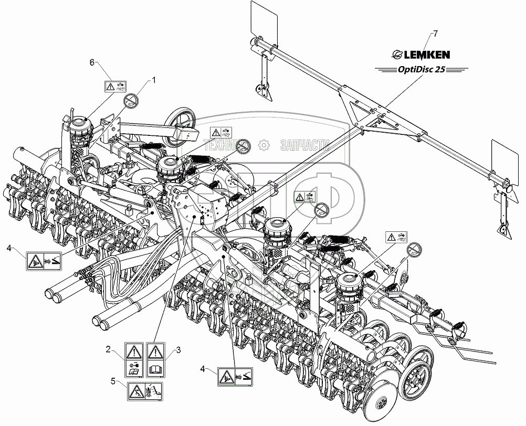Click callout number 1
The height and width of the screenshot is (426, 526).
pyautogui.click(x=154, y=80)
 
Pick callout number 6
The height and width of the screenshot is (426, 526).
pyautogui.click(x=92, y=62)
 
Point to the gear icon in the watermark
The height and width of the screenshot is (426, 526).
pyautogui.click(x=265, y=145)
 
